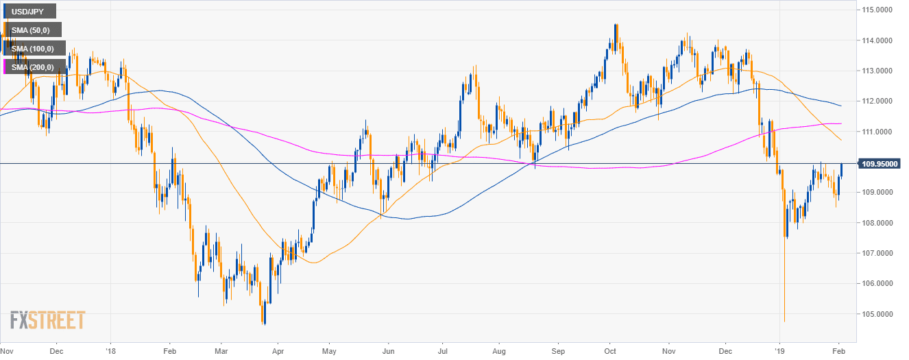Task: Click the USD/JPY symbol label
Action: (x=29, y=12)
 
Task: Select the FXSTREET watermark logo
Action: (x=47, y=320)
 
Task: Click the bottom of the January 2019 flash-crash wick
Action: (x=784, y=320)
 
